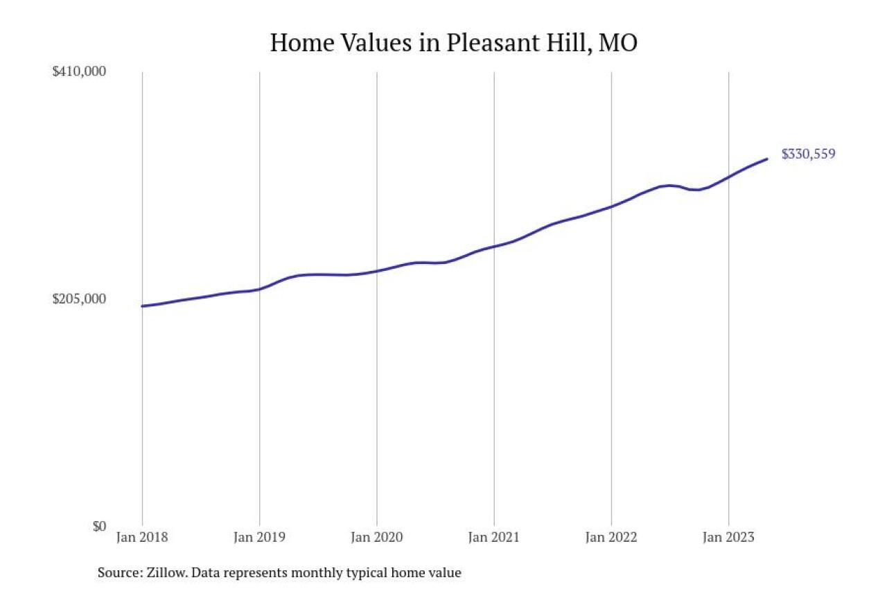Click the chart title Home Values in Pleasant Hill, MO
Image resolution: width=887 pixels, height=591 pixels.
pos(453,43)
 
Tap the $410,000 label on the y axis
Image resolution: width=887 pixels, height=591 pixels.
pos(79,71)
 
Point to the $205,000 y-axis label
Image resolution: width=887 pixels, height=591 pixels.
pos(79,299)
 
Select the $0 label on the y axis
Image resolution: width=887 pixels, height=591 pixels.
pos(99,526)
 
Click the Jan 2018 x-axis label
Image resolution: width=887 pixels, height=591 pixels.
pos(142,537)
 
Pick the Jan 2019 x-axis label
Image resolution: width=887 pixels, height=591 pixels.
pos(259,537)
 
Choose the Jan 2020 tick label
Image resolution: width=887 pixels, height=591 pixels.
pos(376,537)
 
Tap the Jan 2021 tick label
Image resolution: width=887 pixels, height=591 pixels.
pos(493,537)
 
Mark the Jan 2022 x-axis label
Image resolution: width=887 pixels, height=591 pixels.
pos(611,537)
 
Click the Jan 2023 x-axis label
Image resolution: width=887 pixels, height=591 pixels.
pos(728,537)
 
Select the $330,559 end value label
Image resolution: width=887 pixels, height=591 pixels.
pos(808,155)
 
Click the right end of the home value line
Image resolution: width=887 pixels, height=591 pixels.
pos(766,159)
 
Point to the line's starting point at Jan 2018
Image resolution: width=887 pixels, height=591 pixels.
pos(142,306)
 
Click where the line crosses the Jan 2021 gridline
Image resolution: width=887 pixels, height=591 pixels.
pos(493,246)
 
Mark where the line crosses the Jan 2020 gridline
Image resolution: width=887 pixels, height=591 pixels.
pos(376,271)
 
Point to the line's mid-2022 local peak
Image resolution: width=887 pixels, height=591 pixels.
pos(668,185)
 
